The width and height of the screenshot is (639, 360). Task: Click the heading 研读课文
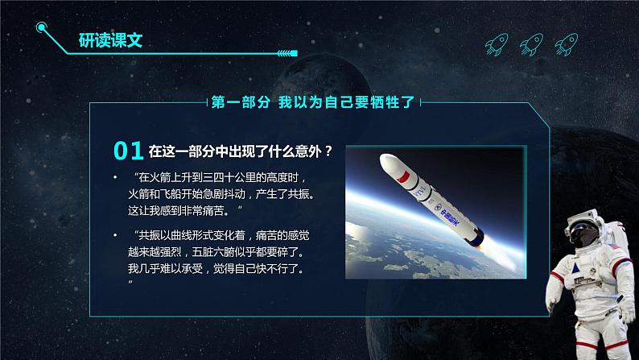(110, 40)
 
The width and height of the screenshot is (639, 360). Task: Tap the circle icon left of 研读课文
(41, 27)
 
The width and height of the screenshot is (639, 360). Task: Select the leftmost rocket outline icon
(497, 44)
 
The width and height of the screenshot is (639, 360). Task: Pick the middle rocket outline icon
(531, 44)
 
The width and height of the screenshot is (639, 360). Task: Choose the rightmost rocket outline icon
(567, 44)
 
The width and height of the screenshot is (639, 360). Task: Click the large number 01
(129, 151)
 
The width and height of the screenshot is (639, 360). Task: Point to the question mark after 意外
(328, 151)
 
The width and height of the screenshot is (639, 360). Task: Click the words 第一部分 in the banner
(241, 102)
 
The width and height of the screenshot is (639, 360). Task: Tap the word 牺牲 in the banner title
(385, 102)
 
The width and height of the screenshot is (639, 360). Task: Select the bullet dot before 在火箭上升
(115, 177)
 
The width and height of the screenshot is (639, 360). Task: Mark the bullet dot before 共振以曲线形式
(115, 235)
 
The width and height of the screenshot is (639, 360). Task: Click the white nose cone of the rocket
(389, 162)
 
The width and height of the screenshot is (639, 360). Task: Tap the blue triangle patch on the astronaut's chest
(575, 268)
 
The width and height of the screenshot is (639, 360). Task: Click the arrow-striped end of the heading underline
(288, 53)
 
